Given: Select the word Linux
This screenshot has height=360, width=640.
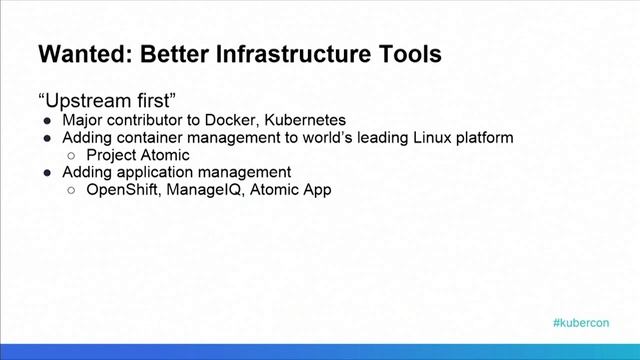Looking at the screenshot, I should coord(430,138).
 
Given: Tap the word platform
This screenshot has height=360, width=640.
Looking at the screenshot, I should coord(484,138).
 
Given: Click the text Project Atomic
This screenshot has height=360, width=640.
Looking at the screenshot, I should coord(138,155).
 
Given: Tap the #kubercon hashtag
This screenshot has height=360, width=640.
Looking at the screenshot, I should coord(580,324).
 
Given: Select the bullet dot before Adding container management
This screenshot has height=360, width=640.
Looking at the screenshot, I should coord(49,138).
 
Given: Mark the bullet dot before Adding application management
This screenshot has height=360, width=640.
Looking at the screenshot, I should coord(49,172).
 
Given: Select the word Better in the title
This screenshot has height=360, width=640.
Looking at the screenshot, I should coord(170,54).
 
